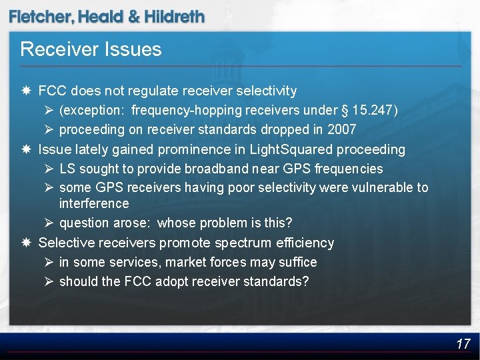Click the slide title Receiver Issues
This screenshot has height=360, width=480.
[x=91, y=49]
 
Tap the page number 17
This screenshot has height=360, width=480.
[x=463, y=344]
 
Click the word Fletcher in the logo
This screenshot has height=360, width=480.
[x=41, y=17]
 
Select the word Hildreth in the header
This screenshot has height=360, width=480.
[x=175, y=17]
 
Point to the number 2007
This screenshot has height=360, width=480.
[x=342, y=129]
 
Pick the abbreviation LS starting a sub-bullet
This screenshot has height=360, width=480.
[x=67, y=169]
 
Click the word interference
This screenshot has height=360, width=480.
[x=94, y=203]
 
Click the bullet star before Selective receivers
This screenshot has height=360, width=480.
[x=25, y=243]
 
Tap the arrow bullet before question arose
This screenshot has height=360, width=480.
[x=47, y=222]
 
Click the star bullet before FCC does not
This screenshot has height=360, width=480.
[x=25, y=90]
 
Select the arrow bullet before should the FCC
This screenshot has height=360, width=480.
[x=47, y=281]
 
